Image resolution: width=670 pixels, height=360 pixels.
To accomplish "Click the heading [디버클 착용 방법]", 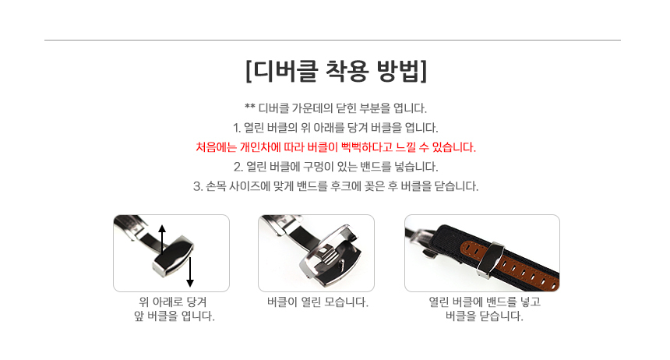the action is coord(337,71).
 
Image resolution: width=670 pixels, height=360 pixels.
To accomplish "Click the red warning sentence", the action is coord(336,147).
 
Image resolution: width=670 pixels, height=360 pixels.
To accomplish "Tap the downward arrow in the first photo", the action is coord(190,272).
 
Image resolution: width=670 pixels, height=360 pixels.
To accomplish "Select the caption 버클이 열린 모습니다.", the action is coord(318,302).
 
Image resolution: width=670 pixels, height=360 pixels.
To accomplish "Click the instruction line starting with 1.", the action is coord(336,128).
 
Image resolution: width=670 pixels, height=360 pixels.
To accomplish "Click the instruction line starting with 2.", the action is coord(336,166).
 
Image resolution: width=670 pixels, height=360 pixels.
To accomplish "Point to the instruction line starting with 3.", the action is coord(336,186).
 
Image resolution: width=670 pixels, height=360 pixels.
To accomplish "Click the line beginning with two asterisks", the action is coord(336,108).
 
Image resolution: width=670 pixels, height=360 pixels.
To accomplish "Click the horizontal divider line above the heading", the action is coord(333,41).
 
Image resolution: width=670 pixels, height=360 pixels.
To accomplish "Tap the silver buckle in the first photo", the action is coord(173,256).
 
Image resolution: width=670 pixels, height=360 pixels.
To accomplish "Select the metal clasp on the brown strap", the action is coord(490,260).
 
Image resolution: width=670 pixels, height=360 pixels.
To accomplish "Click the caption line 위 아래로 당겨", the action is coord(173,302).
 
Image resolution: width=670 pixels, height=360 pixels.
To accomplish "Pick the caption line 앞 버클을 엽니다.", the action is coord(175,316).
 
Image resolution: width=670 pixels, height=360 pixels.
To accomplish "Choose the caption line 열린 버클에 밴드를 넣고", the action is coord(485,302).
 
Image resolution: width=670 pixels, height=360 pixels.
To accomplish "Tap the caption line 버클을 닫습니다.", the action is coord(484,316).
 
